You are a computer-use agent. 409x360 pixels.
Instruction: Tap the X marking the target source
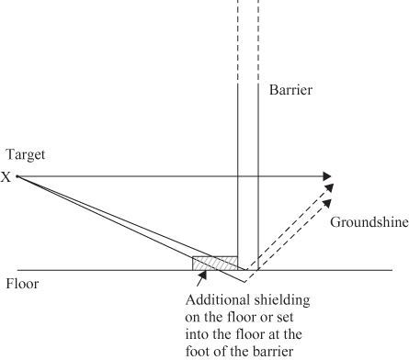point(7,177)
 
